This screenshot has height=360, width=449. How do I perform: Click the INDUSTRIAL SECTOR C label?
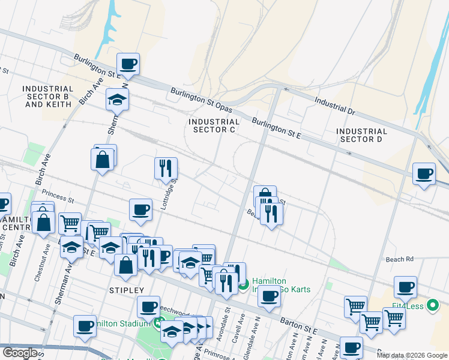214,125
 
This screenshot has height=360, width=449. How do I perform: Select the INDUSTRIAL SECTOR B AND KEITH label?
48,96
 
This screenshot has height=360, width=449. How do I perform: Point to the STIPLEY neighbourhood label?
126,290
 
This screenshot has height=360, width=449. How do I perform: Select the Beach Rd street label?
400,259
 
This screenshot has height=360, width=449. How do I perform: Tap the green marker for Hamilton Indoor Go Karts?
243,285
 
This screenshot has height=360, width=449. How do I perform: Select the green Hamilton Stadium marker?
157,324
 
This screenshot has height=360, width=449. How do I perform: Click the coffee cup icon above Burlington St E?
128,63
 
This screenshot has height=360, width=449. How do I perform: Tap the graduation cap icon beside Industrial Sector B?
117,99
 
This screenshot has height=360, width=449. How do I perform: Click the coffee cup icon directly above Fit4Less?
405,286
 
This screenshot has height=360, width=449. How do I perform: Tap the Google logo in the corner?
19,353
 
